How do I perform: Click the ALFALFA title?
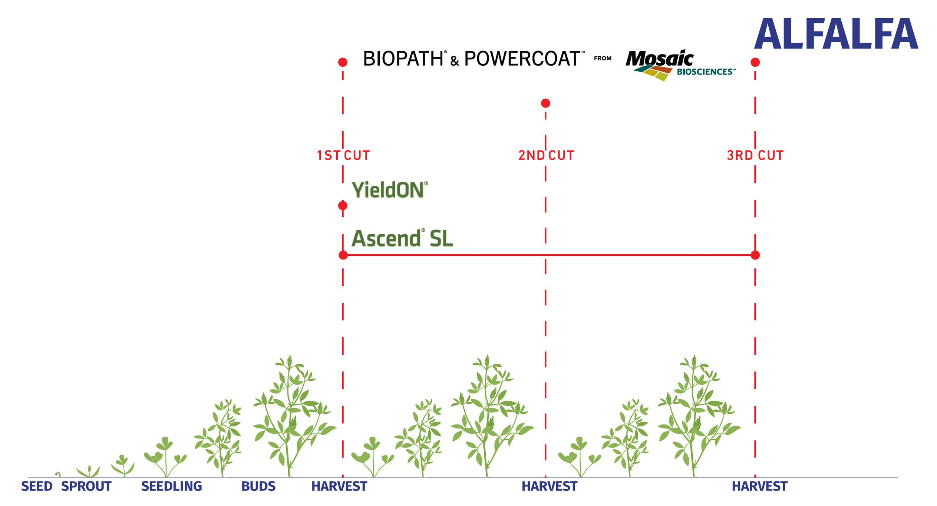pyautogui.click(x=836, y=34)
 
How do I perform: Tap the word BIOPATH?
pyautogui.click(x=403, y=59)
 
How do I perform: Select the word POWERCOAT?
pyautogui.click(x=522, y=59)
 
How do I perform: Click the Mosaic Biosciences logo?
pyautogui.click(x=680, y=65)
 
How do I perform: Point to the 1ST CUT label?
pyautogui.click(x=343, y=155)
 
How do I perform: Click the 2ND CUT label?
pyautogui.click(x=546, y=155)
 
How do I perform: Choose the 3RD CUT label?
pyautogui.click(x=755, y=155)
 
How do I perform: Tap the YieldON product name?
pyautogui.click(x=390, y=190)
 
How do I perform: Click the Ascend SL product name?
pyautogui.click(x=402, y=238)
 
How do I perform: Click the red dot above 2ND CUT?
pyautogui.click(x=545, y=103)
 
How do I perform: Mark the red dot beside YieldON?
pyautogui.click(x=343, y=205)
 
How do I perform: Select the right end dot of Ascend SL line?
pyautogui.click(x=755, y=255)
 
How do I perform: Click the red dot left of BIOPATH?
pyautogui.click(x=343, y=62)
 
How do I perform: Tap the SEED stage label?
pyautogui.click(x=37, y=486)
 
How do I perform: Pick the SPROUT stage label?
pyautogui.click(x=86, y=486)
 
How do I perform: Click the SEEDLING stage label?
pyautogui.click(x=172, y=486)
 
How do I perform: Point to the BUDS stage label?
pyautogui.click(x=258, y=486)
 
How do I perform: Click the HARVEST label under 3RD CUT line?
pyautogui.click(x=760, y=486)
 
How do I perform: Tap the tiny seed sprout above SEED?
pyautogui.click(x=58, y=474)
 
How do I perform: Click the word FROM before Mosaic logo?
pyautogui.click(x=603, y=58)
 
